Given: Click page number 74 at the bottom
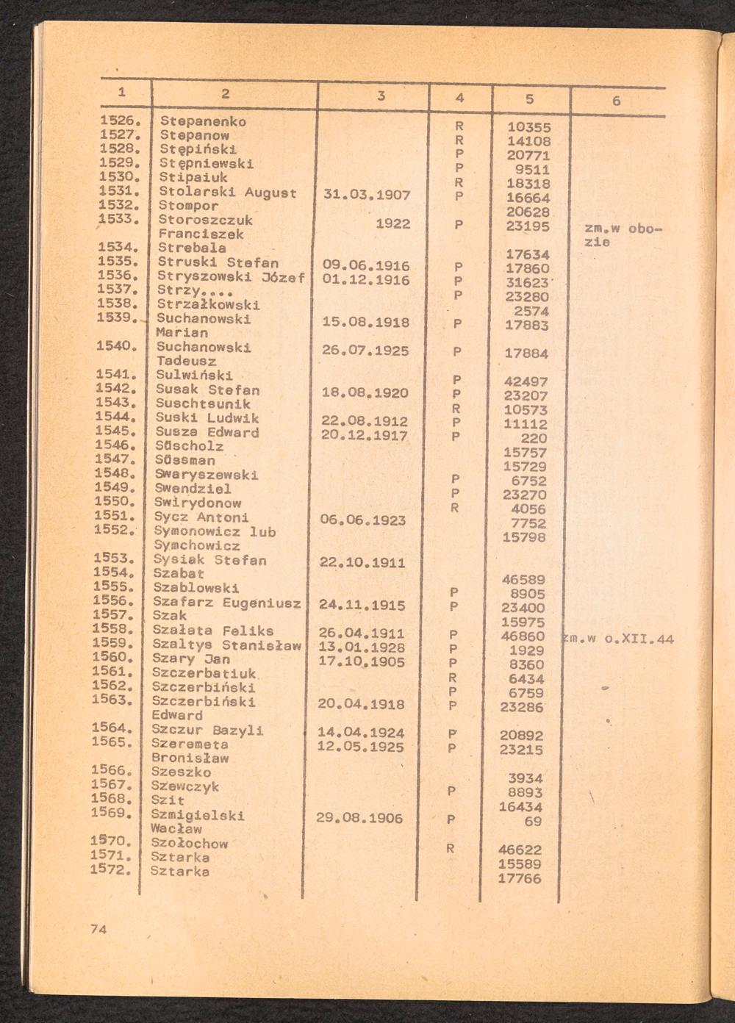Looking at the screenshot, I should (98, 929).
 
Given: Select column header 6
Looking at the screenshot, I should (616, 101).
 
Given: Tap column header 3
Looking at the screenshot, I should (381, 96).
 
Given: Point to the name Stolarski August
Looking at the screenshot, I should (228, 193).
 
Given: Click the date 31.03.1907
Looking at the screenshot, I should (367, 195).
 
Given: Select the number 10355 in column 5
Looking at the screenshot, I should (529, 127).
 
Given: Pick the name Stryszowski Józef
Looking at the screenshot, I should (231, 277).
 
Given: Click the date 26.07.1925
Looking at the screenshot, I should (365, 351).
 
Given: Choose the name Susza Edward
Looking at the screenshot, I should (207, 432).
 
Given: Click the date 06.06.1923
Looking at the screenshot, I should (363, 520).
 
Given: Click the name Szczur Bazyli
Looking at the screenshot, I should (207, 730).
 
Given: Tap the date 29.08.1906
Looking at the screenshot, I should (359, 817).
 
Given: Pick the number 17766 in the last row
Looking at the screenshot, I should (519, 878).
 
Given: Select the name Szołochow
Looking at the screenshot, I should (189, 843).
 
